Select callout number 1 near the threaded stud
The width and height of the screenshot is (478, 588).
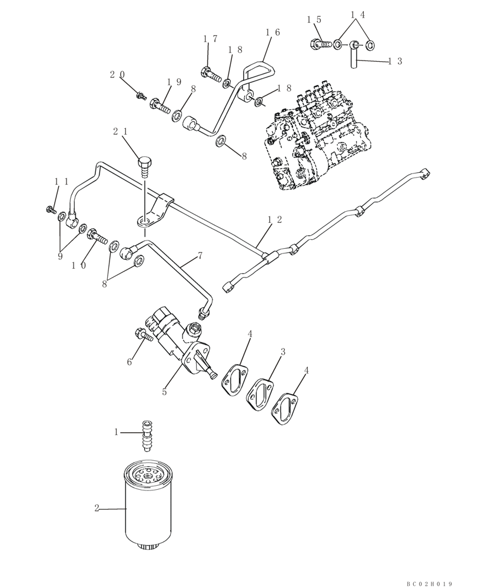117,432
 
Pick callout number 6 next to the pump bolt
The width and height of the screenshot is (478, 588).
130,362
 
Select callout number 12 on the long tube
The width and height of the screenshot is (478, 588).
274,219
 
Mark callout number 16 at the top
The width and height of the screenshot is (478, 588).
273,33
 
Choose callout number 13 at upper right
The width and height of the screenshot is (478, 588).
395,61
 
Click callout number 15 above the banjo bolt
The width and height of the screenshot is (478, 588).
314,20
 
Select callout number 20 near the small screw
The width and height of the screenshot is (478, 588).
117,75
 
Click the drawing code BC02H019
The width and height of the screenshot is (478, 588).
429,584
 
